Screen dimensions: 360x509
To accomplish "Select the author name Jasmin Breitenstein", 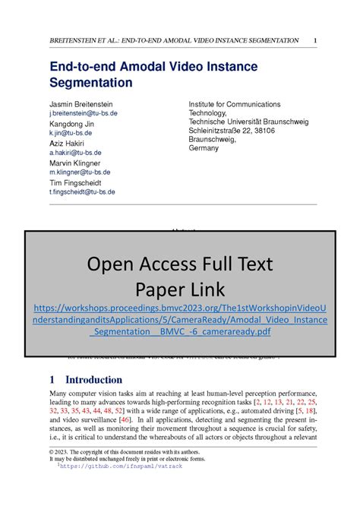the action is coord(85,104).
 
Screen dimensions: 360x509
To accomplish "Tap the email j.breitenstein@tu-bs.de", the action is coord(84,113).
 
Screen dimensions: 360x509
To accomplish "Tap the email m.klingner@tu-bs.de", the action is coord(80,172).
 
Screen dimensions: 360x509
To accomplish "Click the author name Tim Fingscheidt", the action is coord(80,182).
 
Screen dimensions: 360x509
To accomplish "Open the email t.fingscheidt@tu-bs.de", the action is coord(82,192).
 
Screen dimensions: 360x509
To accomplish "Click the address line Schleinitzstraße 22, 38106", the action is coord(236,131).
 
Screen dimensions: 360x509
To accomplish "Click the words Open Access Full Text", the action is coord(179,264).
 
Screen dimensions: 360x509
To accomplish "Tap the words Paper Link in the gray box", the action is coord(180,289).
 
